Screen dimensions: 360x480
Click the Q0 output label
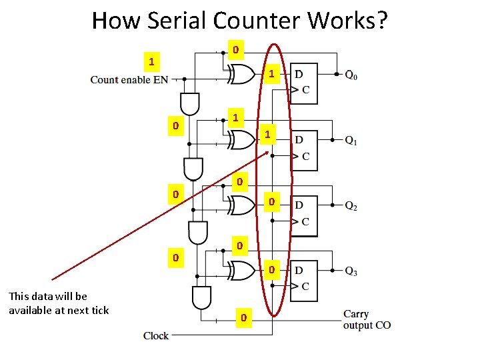[351, 75]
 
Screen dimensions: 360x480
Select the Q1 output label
[351, 141]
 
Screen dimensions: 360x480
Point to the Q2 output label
[351, 206]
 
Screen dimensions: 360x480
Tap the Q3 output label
[351, 271]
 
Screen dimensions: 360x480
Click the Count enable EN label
[129, 80]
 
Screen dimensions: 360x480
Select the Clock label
[156, 335]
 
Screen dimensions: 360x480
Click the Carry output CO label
[367, 319]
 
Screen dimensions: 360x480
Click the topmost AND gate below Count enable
[189, 103]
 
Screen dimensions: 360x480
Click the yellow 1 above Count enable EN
[152, 62]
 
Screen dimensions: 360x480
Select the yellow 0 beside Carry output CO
[244, 318]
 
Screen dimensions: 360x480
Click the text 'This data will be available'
[58, 303]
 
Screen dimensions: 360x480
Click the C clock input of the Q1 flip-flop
[305, 157]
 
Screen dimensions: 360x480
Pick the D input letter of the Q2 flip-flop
[299, 204]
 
